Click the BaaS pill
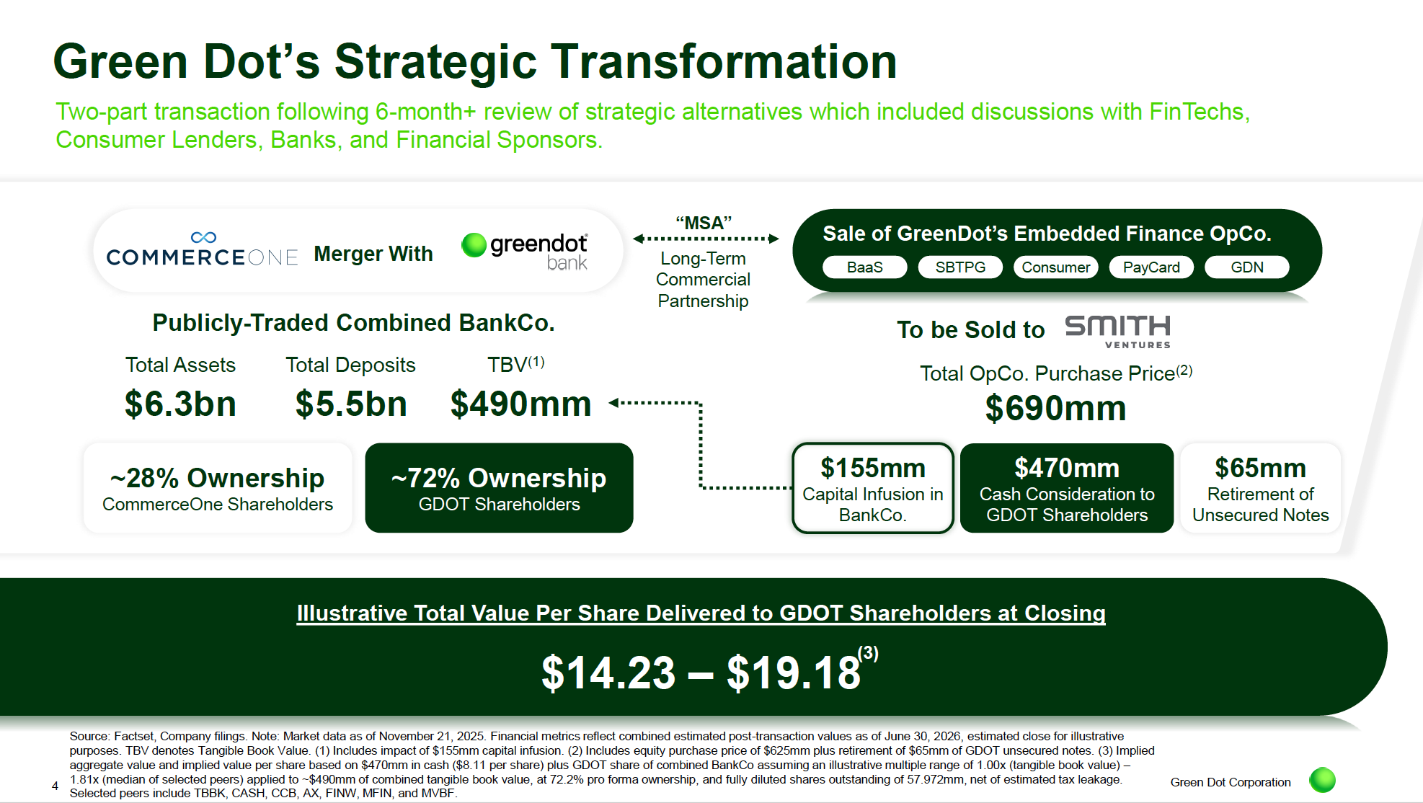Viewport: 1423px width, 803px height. tap(864, 267)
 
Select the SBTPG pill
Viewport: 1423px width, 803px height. tap(960, 267)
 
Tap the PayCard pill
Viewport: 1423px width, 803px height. tap(1151, 267)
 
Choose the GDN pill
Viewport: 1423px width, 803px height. tap(1246, 267)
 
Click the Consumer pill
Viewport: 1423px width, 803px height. tap(1055, 267)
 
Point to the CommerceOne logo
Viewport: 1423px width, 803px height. tap(202, 249)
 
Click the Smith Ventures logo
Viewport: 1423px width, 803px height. tap(1118, 332)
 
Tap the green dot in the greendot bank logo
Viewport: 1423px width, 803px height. tap(474, 245)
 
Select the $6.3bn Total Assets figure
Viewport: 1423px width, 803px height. tap(180, 404)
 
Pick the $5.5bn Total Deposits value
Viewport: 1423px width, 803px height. tap(351, 404)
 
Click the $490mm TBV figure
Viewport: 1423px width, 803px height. tap(520, 404)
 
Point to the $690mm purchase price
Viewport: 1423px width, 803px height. tap(1055, 409)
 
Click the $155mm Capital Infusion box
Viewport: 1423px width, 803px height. tap(873, 488)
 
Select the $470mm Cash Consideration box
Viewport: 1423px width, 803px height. tap(1067, 488)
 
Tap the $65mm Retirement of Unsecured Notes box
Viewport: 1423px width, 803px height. tap(1260, 488)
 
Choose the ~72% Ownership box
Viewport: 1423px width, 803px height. tap(499, 488)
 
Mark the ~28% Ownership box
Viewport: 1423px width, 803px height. tap(218, 488)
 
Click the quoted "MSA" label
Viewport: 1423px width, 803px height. tap(704, 223)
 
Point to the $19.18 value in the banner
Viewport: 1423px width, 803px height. tap(794, 673)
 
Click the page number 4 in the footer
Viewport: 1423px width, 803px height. tap(55, 786)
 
